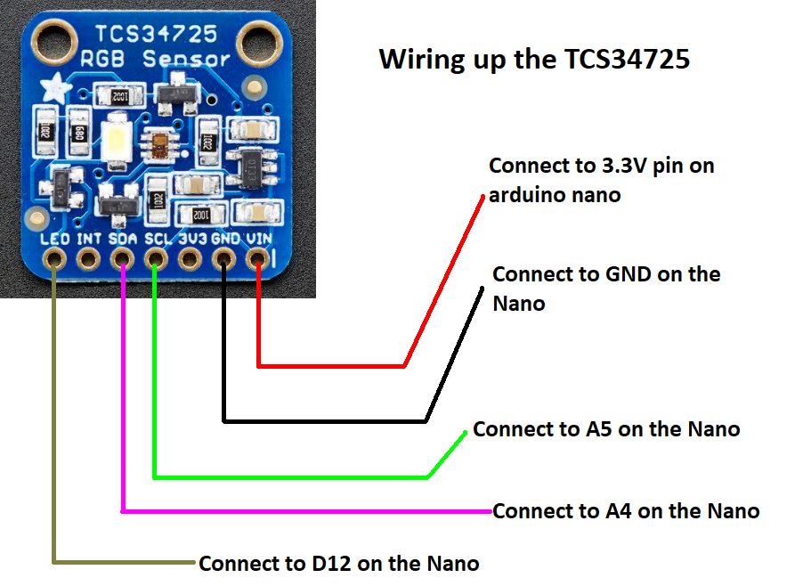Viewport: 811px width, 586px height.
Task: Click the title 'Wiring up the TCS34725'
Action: pyautogui.click(x=534, y=60)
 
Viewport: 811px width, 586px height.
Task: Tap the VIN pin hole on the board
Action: pyautogui.click(x=257, y=259)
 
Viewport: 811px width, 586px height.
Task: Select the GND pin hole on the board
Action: pyautogui.click(x=223, y=259)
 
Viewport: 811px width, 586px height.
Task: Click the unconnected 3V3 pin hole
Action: pyautogui.click(x=190, y=259)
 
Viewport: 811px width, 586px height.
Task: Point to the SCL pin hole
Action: pyautogui.click(x=156, y=259)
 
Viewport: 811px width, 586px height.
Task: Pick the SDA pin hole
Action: pyautogui.click(x=122, y=259)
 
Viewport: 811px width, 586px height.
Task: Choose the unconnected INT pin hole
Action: pyautogui.click(x=88, y=259)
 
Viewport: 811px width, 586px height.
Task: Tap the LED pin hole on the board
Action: pyautogui.click(x=54, y=259)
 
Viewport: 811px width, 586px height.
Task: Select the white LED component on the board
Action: pyautogui.click(x=118, y=141)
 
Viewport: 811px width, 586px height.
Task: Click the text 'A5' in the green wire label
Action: pyautogui.click(x=599, y=429)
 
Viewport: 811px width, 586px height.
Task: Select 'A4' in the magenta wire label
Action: pyautogui.click(x=619, y=511)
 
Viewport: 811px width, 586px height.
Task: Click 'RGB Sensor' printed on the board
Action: pyautogui.click(x=156, y=61)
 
